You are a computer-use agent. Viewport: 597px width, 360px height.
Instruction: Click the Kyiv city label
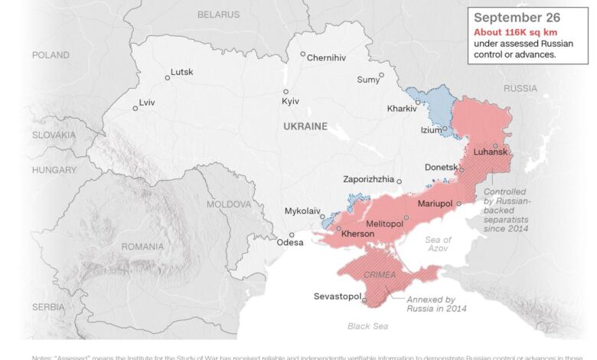click(290, 101)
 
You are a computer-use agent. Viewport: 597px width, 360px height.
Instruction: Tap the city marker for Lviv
click(135, 108)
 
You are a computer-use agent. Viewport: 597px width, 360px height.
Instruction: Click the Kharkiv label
click(402, 109)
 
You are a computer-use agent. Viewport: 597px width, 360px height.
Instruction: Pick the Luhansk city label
click(491, 152)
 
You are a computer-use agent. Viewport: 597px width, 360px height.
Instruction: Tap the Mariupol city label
click(436, 204)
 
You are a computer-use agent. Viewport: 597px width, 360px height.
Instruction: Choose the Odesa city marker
click(292, 235)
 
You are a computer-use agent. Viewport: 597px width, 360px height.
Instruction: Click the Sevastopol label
click(338, 296)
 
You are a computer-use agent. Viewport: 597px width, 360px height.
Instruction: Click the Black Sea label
click(367, 326)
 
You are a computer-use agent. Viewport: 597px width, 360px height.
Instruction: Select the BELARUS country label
click(218, 15)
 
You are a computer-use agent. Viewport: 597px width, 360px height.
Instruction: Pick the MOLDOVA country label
click(229, 205)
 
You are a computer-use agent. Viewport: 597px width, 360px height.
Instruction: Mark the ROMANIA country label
click(142, 247)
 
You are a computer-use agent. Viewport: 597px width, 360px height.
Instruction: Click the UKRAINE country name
click(305, 126)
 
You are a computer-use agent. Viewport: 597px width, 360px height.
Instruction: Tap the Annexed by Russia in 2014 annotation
click(437, 304)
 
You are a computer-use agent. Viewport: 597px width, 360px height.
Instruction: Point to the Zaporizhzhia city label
click(369, 179)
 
